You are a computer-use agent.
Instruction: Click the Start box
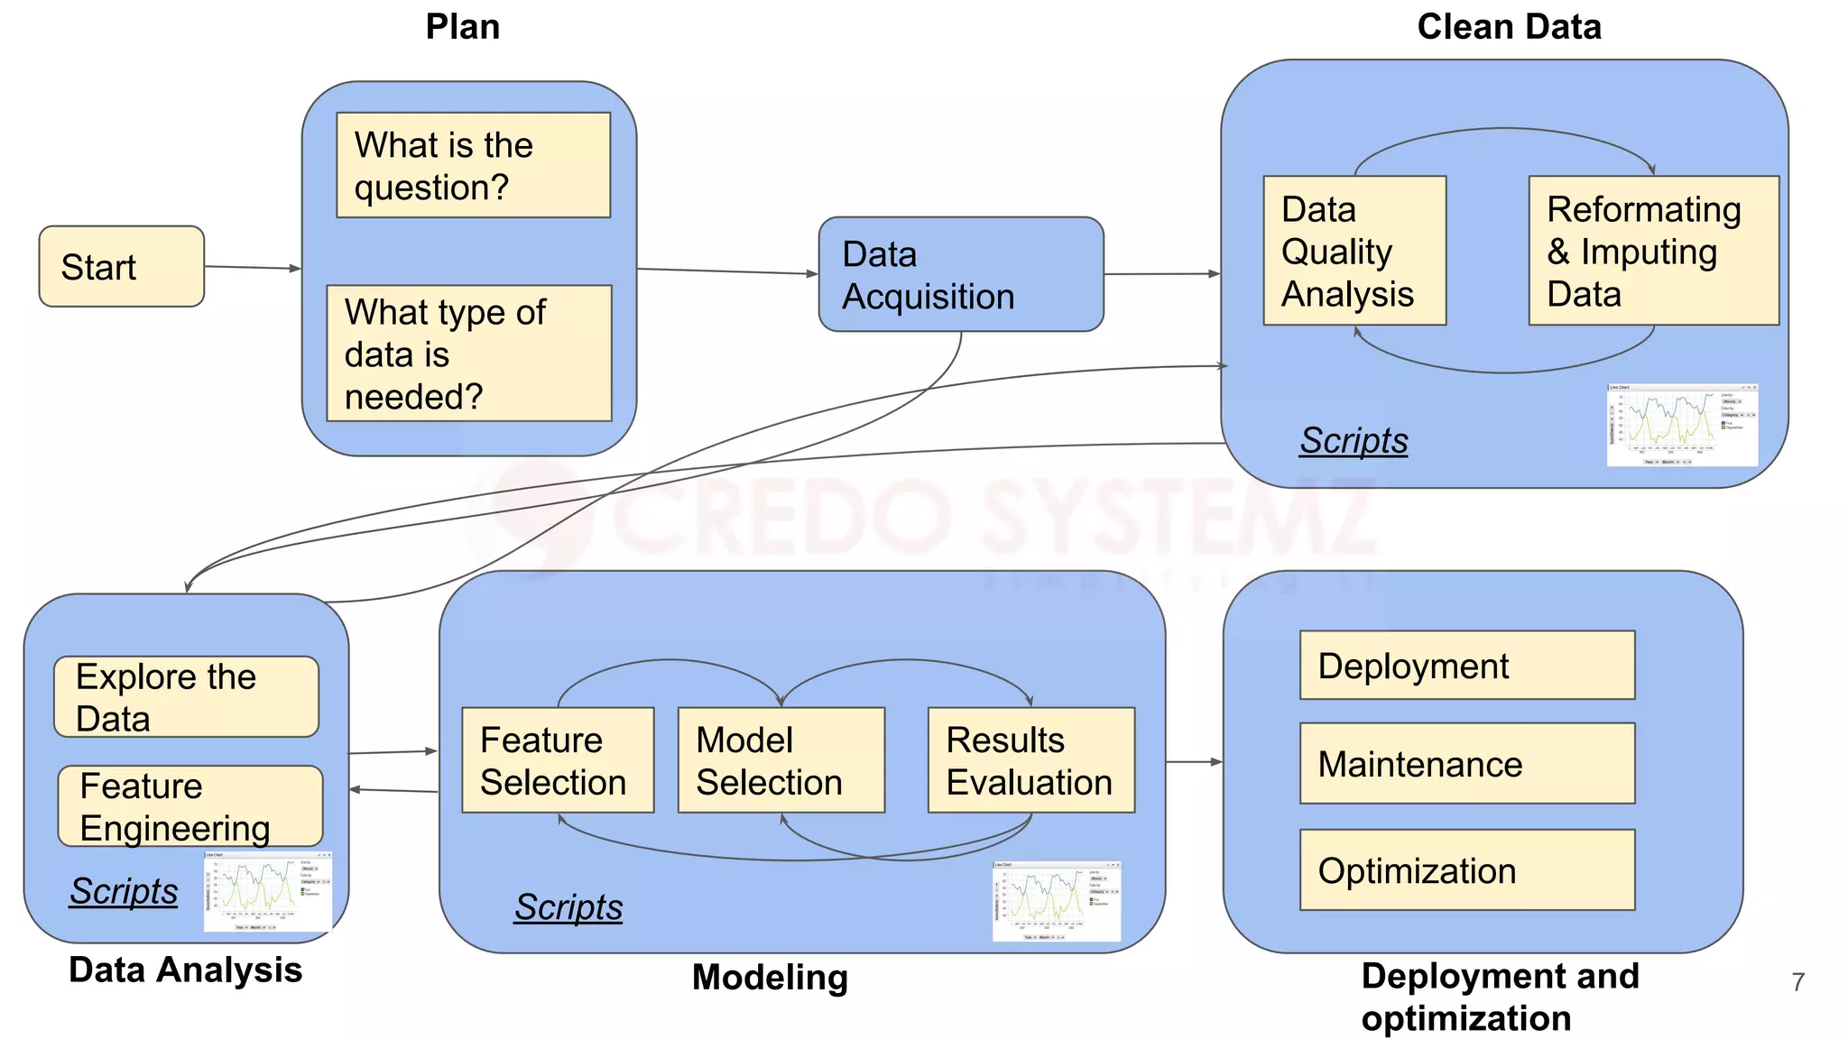point(121,266)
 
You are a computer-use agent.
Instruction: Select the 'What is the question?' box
point(473,165)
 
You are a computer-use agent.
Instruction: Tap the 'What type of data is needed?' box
point(468,354)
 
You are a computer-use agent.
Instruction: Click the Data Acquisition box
point(960,274)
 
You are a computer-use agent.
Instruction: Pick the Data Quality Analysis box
point(1354,251)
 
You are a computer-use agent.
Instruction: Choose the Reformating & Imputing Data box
point(1653,251)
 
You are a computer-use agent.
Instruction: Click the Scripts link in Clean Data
point(1354,441)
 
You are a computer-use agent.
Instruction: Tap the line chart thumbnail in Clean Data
point(1682,425)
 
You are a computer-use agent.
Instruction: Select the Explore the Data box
point(186,696)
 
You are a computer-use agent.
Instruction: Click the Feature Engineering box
point(189,805)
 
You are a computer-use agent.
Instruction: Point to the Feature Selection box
point(557,760)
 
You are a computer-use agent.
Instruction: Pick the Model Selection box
point(781,760)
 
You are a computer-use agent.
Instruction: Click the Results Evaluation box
point(1030,760)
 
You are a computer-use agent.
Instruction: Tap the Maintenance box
point(1466,763)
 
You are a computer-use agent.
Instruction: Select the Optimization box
point(1466,869)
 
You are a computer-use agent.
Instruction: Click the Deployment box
point(1466,666)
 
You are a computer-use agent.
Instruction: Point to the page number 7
point(1797,981)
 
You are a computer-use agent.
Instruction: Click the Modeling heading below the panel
point(770,978)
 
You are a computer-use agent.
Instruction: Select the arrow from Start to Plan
point(252,267)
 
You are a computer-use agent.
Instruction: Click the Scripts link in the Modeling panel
point(568,907)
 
